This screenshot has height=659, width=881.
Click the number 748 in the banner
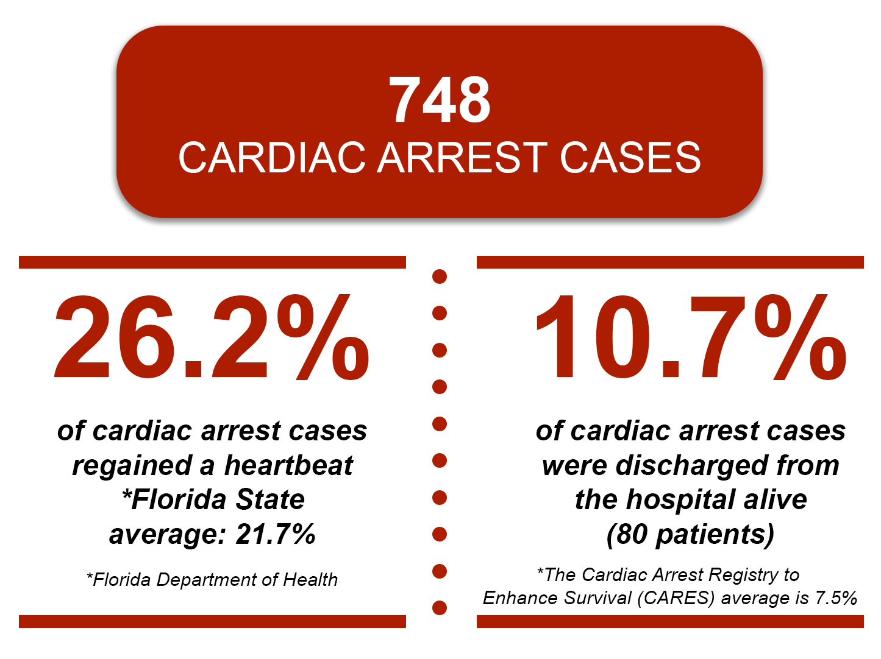pyautogui.click(x=440, y=100)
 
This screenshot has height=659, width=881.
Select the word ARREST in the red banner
pyautogui.click(x=463, y=158)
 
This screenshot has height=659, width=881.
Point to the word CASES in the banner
pyautogui.click(x=630, y=158)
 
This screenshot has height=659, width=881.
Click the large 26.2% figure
pyautogui.click(x=212, y=337)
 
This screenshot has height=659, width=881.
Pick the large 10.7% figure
pyautogui.click(x=691, y=337)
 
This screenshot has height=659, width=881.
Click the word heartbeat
pyautogui.click(x=288, y=466)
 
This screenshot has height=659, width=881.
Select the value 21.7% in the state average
pyautogui.click(x=276, y=534)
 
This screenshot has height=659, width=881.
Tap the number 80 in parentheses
pyautogui.click(x=632, y=534)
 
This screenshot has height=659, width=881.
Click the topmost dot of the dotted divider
pyautogui.click(x=440, y=277)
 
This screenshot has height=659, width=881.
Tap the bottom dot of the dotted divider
pyautogui.click(x=440, y=607)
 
